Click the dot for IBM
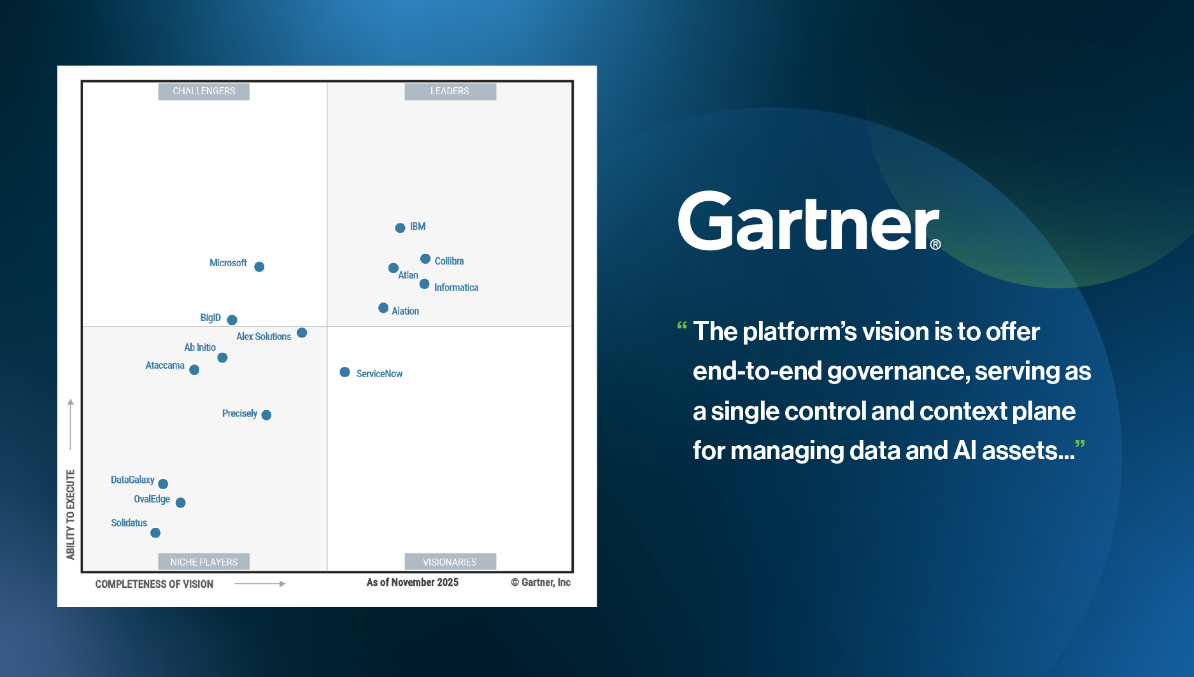[400, 228]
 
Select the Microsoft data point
[259, 267]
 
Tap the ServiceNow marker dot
[345, 372]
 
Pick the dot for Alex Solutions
[302, 333]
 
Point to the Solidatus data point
[155, 532]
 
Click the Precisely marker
[266, 415]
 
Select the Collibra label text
[449, 261]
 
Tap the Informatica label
[456, 288]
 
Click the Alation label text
[405, 311]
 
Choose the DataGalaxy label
[132, 480]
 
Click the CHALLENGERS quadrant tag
[204, 91]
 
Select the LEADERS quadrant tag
[450, 91]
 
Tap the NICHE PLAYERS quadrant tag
[204, 562]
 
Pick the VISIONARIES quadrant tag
[450, 562]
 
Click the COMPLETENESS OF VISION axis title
[154, 584]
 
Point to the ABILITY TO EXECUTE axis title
[71, 515]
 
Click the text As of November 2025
[412, 582]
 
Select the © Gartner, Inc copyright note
[540, 582]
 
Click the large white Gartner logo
[807, 222]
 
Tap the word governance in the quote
[898, 371]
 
